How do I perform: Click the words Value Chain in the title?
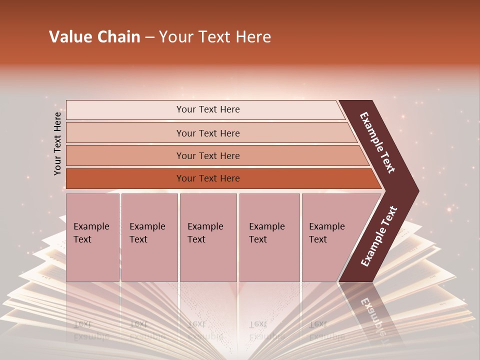(94, 37)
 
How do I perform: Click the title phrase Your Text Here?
(214, 37)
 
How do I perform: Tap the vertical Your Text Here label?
(57, 143)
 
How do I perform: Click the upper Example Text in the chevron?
(377, 142)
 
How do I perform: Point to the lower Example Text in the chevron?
(379, 236)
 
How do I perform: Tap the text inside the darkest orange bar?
(208, 178)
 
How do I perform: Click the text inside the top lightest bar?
(208, 109)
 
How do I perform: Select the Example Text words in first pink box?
(91, 233)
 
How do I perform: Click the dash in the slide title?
(149, 37)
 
